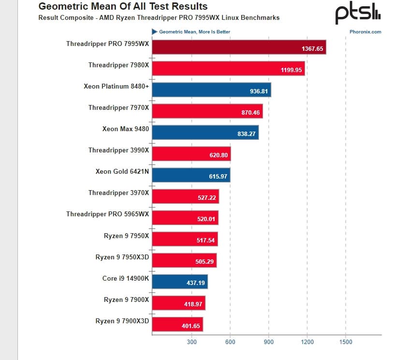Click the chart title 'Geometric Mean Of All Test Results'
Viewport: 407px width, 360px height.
(123, 7)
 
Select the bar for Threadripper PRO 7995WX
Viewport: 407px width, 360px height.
(239, 47)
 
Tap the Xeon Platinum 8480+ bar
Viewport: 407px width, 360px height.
(211, 90)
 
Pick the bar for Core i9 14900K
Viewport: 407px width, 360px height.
(179, 282)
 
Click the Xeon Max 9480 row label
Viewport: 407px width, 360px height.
(126, 129)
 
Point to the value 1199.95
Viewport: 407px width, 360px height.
(291, 70)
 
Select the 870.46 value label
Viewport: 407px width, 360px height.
(250, 113)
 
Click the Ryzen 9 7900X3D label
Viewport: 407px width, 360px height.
(122, 321)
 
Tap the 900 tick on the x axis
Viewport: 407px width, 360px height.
(269, 342)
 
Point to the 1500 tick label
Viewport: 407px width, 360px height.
(346, 342)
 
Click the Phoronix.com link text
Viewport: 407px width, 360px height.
(365, 32)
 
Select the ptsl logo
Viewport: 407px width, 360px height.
(358, 13)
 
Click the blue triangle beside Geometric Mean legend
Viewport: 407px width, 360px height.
(155, 32)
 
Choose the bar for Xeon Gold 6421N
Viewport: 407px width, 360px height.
(191, 175)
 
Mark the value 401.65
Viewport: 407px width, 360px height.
(191, 326)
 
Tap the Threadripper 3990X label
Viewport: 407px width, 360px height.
(119, 150)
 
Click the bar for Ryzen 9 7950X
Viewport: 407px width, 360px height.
(185, 239)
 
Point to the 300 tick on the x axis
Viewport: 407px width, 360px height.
(191, 342)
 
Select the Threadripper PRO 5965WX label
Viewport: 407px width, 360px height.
(108, 214)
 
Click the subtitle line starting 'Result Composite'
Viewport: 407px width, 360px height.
(159, 18)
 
